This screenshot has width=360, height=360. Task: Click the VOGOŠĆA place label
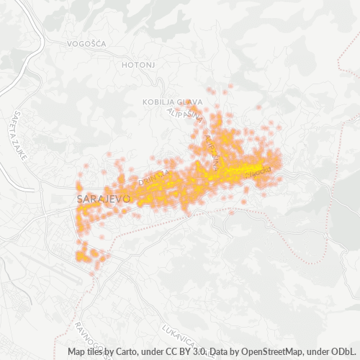(86, 43)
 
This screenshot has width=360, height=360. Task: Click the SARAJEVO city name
(103, 197)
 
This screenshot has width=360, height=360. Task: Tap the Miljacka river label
(257, 171)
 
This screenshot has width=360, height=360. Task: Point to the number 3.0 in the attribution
(199, 352)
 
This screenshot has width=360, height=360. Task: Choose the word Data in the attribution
(221, 352)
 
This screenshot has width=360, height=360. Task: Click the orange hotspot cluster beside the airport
(88, 255)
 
